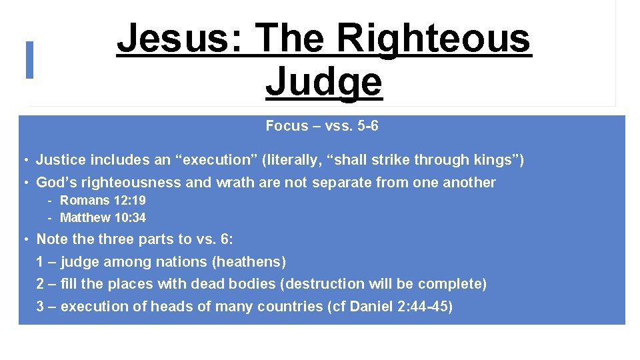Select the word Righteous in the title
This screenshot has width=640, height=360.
433,39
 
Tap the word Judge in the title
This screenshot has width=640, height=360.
324,83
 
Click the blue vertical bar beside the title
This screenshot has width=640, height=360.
29,60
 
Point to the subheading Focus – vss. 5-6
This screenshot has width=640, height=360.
321,126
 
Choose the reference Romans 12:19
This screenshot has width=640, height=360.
103,200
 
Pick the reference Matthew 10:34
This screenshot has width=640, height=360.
103,217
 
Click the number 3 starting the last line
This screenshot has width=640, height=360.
40,307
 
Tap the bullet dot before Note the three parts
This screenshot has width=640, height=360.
23,239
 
